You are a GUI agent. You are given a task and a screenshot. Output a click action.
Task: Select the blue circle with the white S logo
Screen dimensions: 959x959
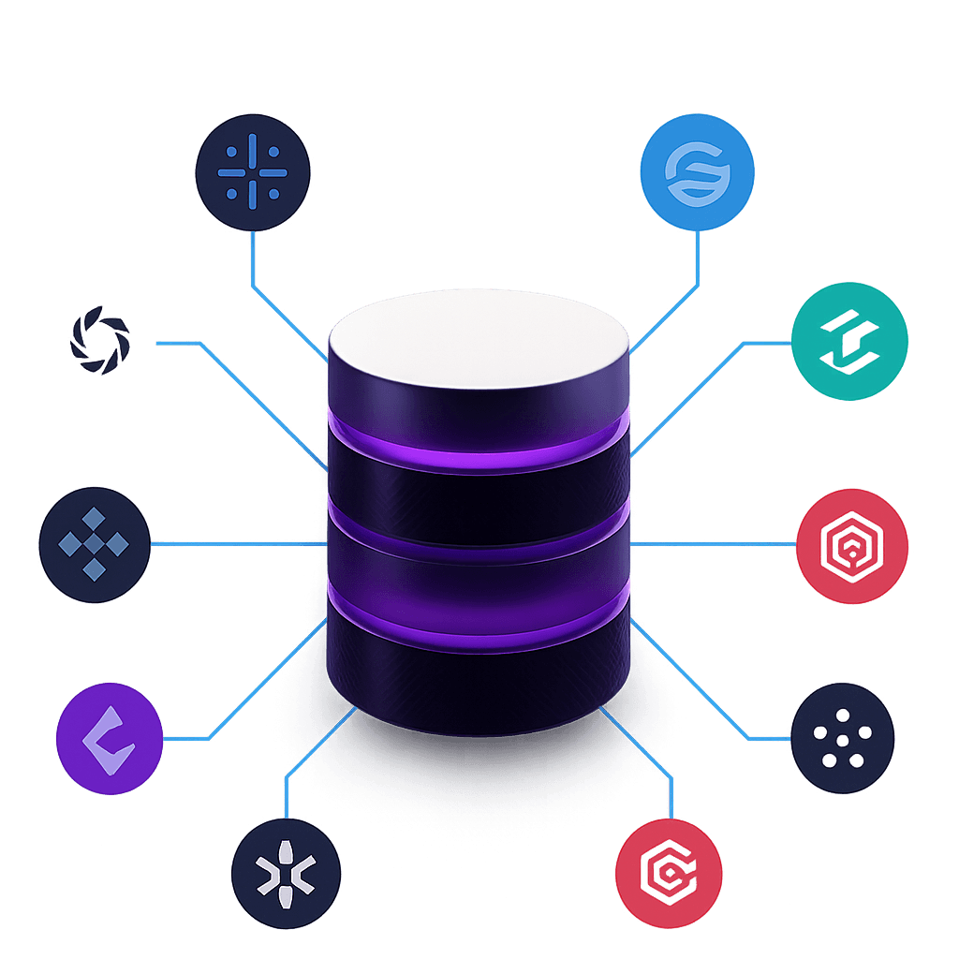(697, 172)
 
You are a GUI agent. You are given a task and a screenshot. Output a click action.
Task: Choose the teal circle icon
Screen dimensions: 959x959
(849, 342)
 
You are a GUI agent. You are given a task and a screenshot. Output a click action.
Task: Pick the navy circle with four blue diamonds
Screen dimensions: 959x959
(95, 543)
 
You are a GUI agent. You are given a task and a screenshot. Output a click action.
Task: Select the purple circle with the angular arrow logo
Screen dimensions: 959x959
(110, 738)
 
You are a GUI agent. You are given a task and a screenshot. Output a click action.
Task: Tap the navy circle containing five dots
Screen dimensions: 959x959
(842, 738)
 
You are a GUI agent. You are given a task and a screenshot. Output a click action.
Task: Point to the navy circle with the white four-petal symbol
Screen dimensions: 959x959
(286, 873)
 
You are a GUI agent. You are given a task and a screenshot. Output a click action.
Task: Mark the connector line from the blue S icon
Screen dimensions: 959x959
(697, 272)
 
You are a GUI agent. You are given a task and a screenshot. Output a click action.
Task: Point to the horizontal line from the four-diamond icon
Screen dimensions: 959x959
(234, 543)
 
